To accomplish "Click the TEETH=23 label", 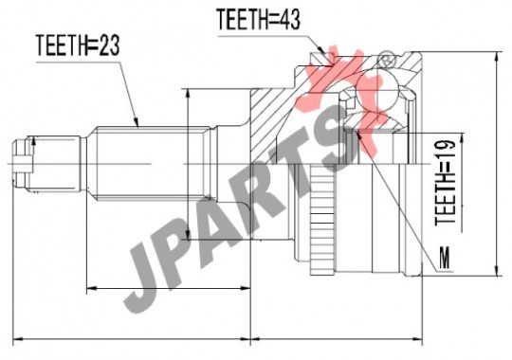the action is pyautogui.click(x=78, y=45).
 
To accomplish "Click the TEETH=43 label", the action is pyautogui.click(x=258, y=19).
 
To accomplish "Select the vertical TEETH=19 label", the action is pyautogui.click(x=446, y=182).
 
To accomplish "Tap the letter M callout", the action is pyautogui.click(x=445, y=258).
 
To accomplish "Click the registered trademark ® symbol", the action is pyautogui.click(x=387, y=60).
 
